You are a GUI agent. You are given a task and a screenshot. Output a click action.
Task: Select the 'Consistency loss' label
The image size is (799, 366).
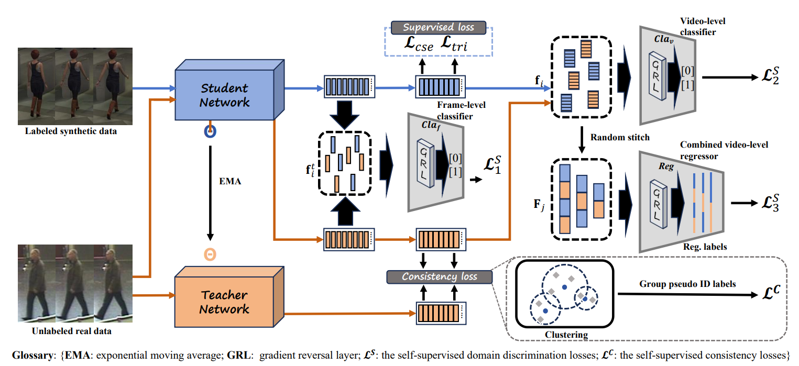pos(439,276)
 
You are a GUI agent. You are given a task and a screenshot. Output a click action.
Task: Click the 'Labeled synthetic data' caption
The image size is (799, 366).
pos(71,131)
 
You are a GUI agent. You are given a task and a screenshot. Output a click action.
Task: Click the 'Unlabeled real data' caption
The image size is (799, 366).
pos(71,331)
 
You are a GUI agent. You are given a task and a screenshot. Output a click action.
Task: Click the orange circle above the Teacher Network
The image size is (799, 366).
pos(210,254)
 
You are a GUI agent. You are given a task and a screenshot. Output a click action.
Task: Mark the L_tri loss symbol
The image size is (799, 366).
pos(455,46)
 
